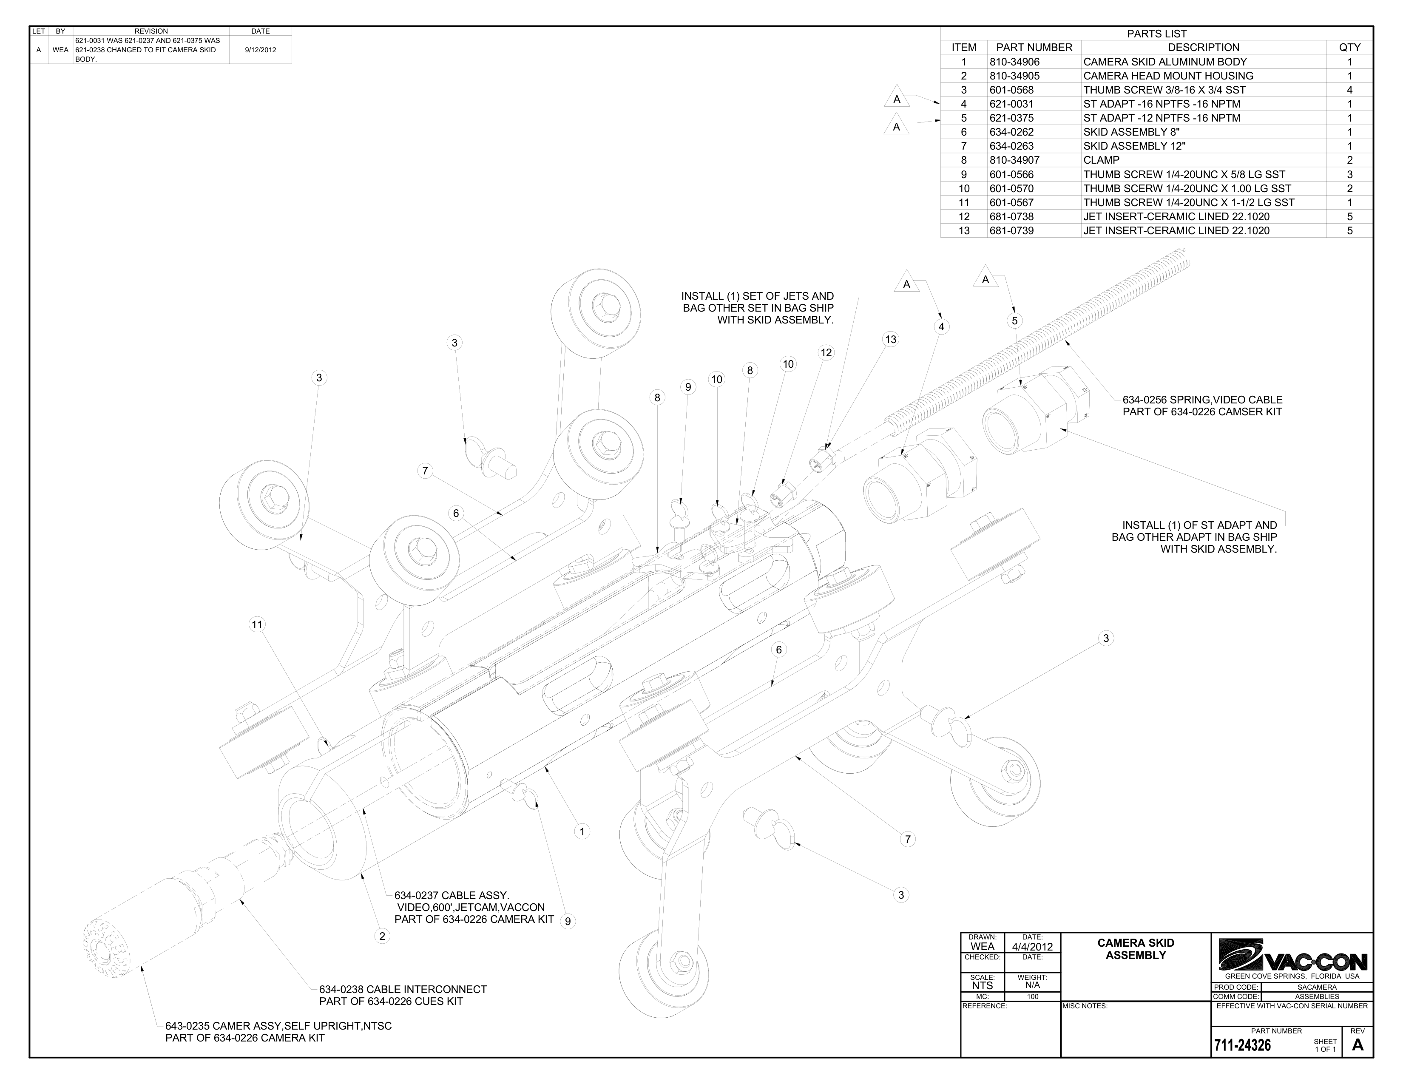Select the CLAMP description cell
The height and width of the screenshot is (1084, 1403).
coord(1101,160)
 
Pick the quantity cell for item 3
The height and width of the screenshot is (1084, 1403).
coord(1349,90)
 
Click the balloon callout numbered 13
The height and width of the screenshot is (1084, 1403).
coord(890,339)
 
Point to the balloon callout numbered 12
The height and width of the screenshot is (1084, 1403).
coord(826,352)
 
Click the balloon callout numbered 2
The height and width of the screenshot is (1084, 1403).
coord(382,936)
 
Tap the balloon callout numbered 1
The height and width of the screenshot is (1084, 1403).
coord(581,831)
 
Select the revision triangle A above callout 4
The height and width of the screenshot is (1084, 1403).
coord(906,284)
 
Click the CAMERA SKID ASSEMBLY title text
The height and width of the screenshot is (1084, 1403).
coord(1135,948)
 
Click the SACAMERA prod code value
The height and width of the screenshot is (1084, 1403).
coord(1316,987)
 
